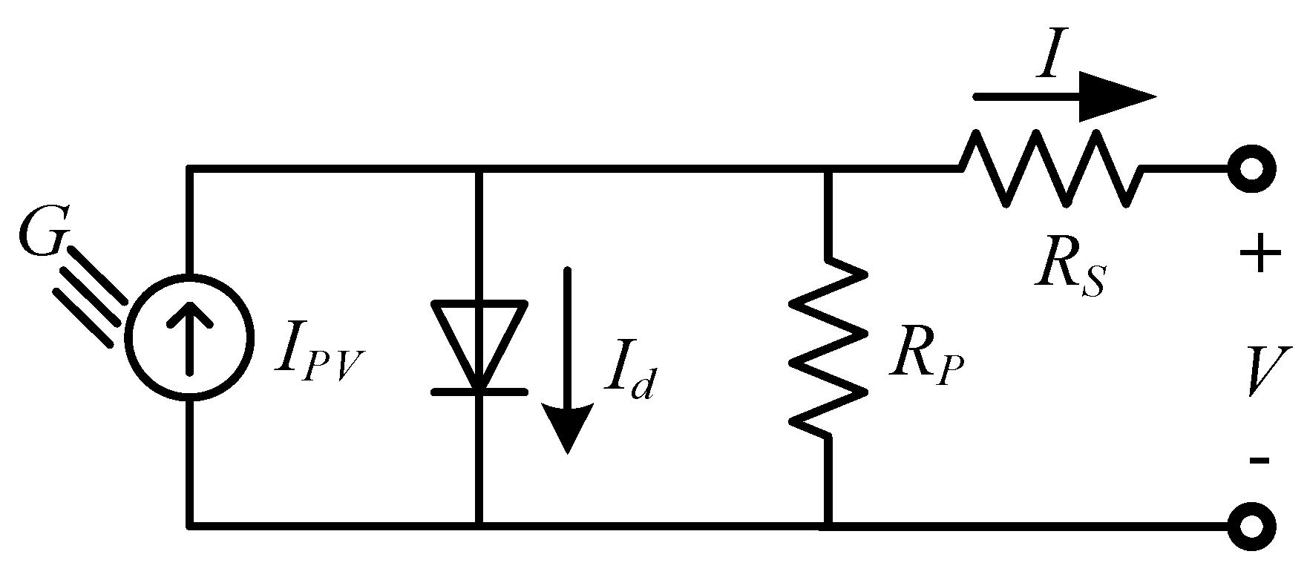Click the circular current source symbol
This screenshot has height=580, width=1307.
pyautogui.click(x=190, y=337)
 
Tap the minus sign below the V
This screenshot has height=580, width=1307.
pyautogui.click(x=1259, y=461)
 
